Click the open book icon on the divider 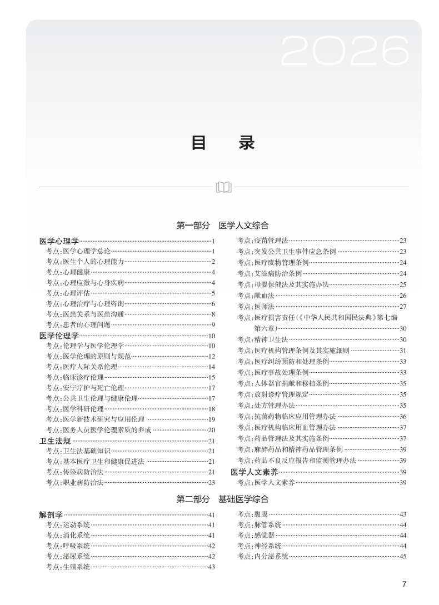pos(223,187)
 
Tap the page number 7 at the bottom pos(404,583)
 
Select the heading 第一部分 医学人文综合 pos(222,226)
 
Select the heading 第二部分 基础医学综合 pos(222,499)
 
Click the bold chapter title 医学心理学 pos(59,241)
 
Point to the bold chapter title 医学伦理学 pos(59,336)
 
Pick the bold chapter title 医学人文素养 pos(255,472)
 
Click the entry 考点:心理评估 pos(68,293)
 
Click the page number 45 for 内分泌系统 pos(403,556)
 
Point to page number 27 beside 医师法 pos(403,307)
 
